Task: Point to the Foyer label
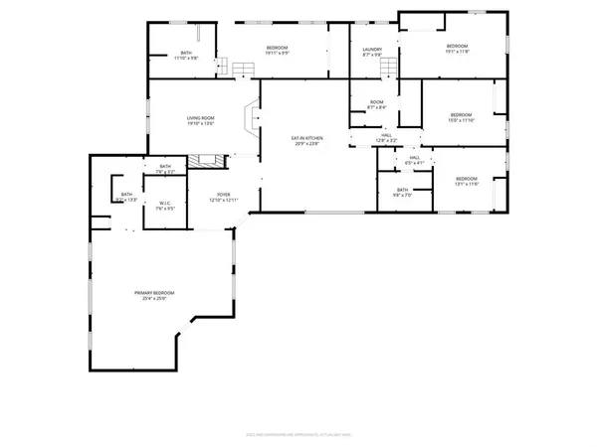220,198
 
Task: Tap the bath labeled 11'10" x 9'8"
186,56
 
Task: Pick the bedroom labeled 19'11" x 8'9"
278,51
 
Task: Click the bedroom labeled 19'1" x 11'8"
457,50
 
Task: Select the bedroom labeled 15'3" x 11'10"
459,116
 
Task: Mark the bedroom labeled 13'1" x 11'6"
467,182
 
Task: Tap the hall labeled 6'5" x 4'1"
414,159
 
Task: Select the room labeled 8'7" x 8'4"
376,104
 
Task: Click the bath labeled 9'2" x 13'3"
126,197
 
